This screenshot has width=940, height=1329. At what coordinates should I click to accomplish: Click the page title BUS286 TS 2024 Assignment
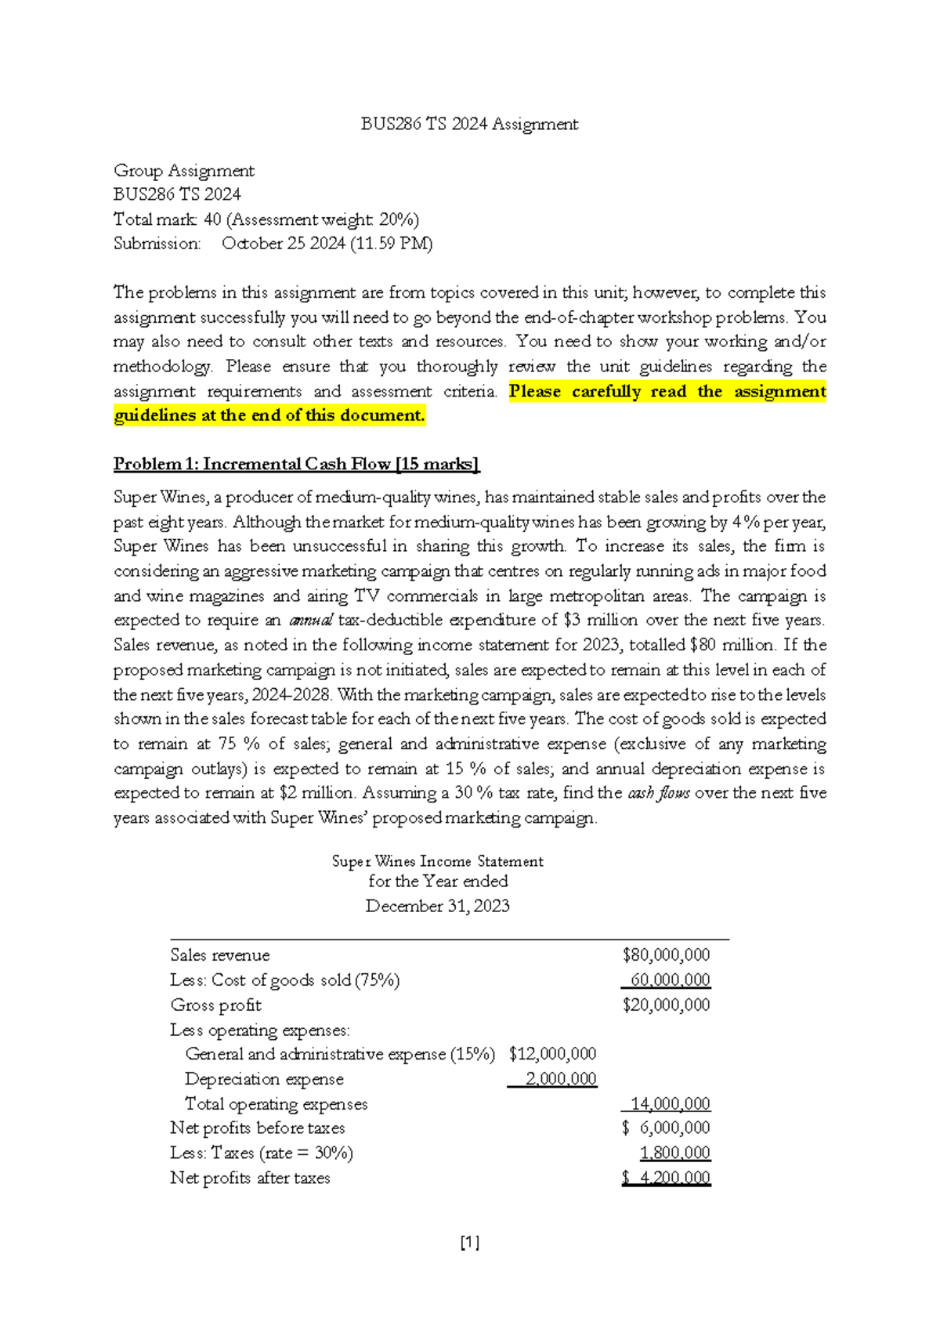(469, 124)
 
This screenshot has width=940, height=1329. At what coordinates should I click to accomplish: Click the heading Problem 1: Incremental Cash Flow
(296, 464)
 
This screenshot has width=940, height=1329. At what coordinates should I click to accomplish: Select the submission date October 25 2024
(284, 244)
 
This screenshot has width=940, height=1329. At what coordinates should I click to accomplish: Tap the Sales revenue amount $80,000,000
(666, 955)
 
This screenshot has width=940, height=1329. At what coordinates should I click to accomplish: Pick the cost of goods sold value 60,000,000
(670, 980)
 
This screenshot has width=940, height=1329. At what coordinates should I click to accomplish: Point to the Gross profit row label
(216, 1005)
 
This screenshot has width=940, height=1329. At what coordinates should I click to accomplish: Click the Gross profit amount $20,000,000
(666, 1005)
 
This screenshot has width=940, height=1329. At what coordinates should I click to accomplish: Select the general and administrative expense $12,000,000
(552, 1054)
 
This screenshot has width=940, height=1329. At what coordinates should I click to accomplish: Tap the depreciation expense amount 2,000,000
(560, 1079)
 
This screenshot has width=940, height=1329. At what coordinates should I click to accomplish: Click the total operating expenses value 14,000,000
(670, 1104)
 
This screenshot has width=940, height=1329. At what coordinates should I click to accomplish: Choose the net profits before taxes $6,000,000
(666, 1128)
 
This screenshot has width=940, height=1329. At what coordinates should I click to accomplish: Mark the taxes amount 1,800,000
(674, 1153)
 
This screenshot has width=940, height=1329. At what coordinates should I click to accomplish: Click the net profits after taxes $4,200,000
(667, 1179)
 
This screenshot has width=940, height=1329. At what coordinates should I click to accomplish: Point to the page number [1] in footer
(470, 1243)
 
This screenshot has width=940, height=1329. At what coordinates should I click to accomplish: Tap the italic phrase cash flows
(659, 793)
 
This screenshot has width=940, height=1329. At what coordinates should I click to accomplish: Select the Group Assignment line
(184, 171)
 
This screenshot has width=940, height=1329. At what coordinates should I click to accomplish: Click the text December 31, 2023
(437, 907)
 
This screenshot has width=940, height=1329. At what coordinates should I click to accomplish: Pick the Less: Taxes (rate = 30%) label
(262, 1153)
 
